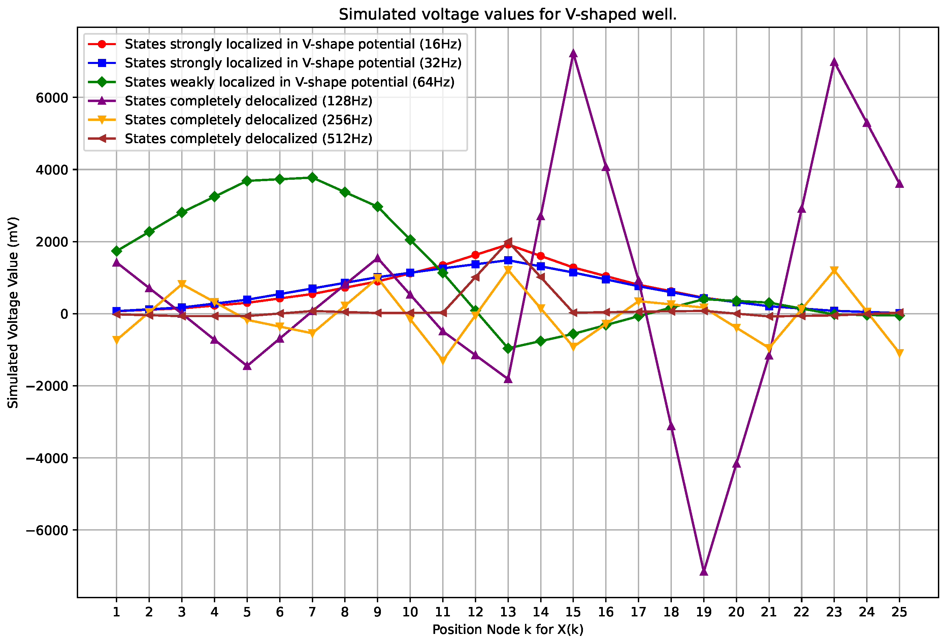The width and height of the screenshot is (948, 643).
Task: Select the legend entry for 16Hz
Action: click(x=293, y=44)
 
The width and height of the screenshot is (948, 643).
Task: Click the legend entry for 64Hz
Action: click(x=289, y=82)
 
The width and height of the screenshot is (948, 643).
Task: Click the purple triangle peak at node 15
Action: click(x=573, y=54)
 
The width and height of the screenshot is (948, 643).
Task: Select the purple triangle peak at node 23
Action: click(x=834, y=62)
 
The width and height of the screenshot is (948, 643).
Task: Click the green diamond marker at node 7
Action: click(x=313, y=178)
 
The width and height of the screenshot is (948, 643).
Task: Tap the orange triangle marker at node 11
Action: click(x=443, y=361)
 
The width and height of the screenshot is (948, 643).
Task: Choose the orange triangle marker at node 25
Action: click(x=900, y=353)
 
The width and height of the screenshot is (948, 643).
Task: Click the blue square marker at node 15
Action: click(x=573, y=272)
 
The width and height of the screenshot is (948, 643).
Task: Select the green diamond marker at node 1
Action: click(x=117, y=251)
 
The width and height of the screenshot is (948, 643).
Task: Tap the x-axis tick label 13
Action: click(x=508, y=612)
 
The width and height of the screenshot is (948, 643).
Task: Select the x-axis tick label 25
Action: click(x=900, y=612)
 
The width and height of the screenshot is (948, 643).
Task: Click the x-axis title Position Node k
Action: click(x=508, y=630)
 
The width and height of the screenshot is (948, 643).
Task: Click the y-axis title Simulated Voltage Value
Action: click(x=13, y=312)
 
